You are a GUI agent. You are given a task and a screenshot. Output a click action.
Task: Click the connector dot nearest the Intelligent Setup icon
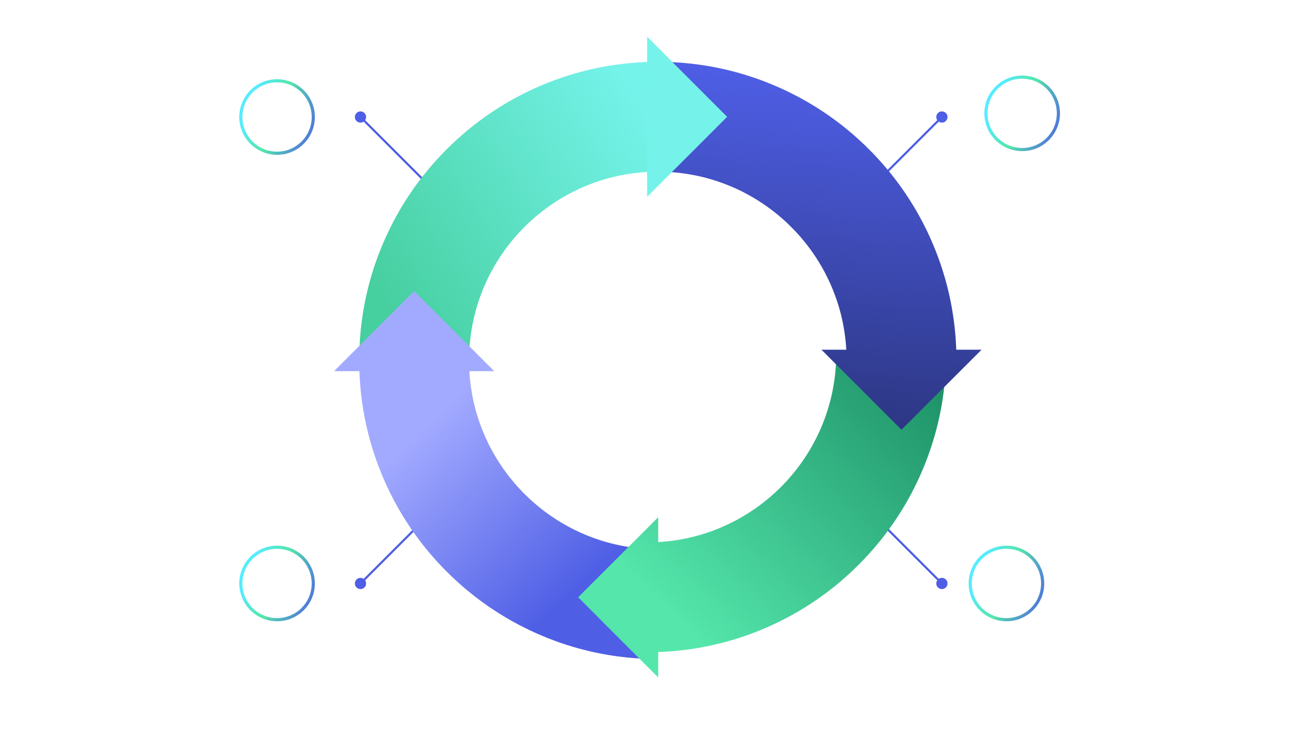pyautogui.click(x=942, y=117)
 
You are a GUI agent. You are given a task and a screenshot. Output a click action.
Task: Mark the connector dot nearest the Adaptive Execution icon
pyautogui.click(x=360, y=583)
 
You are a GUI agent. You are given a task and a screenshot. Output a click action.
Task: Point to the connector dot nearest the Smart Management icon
pyautogui.click(x=942, y=583)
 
